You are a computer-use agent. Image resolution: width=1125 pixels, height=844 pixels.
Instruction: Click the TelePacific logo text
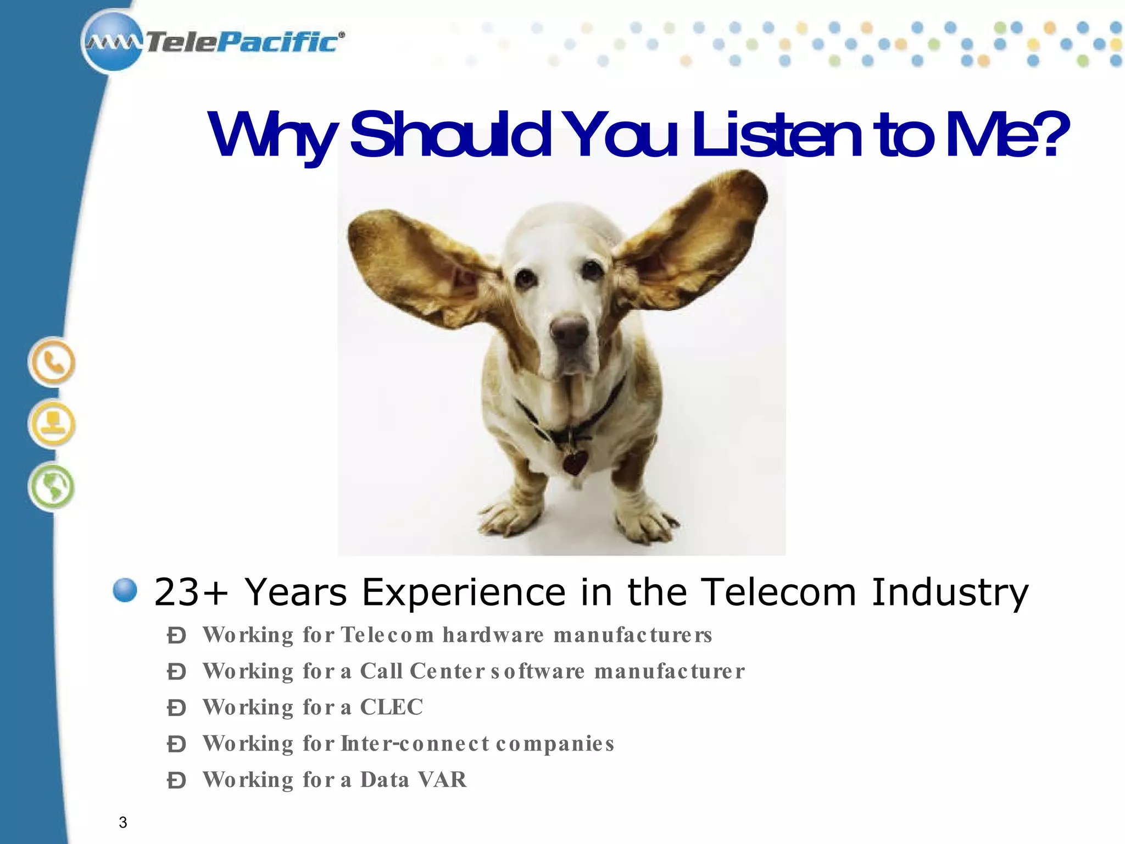tap(242, 42)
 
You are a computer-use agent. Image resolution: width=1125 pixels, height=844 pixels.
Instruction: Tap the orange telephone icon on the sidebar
tap(52, 363)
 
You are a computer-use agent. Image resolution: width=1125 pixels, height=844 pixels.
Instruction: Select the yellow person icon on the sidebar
tap(52, 424)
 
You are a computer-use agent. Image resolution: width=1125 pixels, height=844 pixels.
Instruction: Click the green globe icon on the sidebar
tap(52, 486)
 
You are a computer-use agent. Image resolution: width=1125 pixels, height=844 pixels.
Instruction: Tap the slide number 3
tap(123, 823)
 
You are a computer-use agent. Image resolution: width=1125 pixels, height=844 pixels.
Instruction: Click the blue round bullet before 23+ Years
tap(125, 591)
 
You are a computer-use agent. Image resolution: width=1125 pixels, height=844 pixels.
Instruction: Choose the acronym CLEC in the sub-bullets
tap(392, 707)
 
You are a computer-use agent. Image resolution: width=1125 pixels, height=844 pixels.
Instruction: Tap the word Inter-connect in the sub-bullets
tap(415, 743)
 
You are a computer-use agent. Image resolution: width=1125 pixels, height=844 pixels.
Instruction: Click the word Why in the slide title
tap(271, 136)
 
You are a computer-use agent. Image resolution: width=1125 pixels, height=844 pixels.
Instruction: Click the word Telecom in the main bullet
tap(780, 592)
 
